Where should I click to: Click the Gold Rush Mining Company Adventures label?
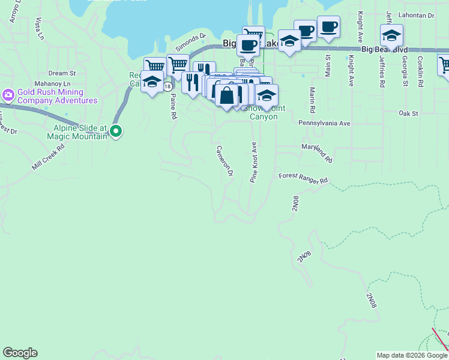[57, 96]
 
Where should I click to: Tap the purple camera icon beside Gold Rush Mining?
[8, 95]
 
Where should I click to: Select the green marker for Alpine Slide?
[117, 130]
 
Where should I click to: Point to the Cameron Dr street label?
[224, 161]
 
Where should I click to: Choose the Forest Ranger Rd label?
[303, 179]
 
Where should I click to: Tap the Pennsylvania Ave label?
[324, 123]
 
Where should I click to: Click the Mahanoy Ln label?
[53, 84]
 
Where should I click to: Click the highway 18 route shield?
[167, 86]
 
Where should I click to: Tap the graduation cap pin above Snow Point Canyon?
[267, 95]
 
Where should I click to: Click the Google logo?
[20, 353]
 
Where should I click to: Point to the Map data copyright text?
[412, 355]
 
